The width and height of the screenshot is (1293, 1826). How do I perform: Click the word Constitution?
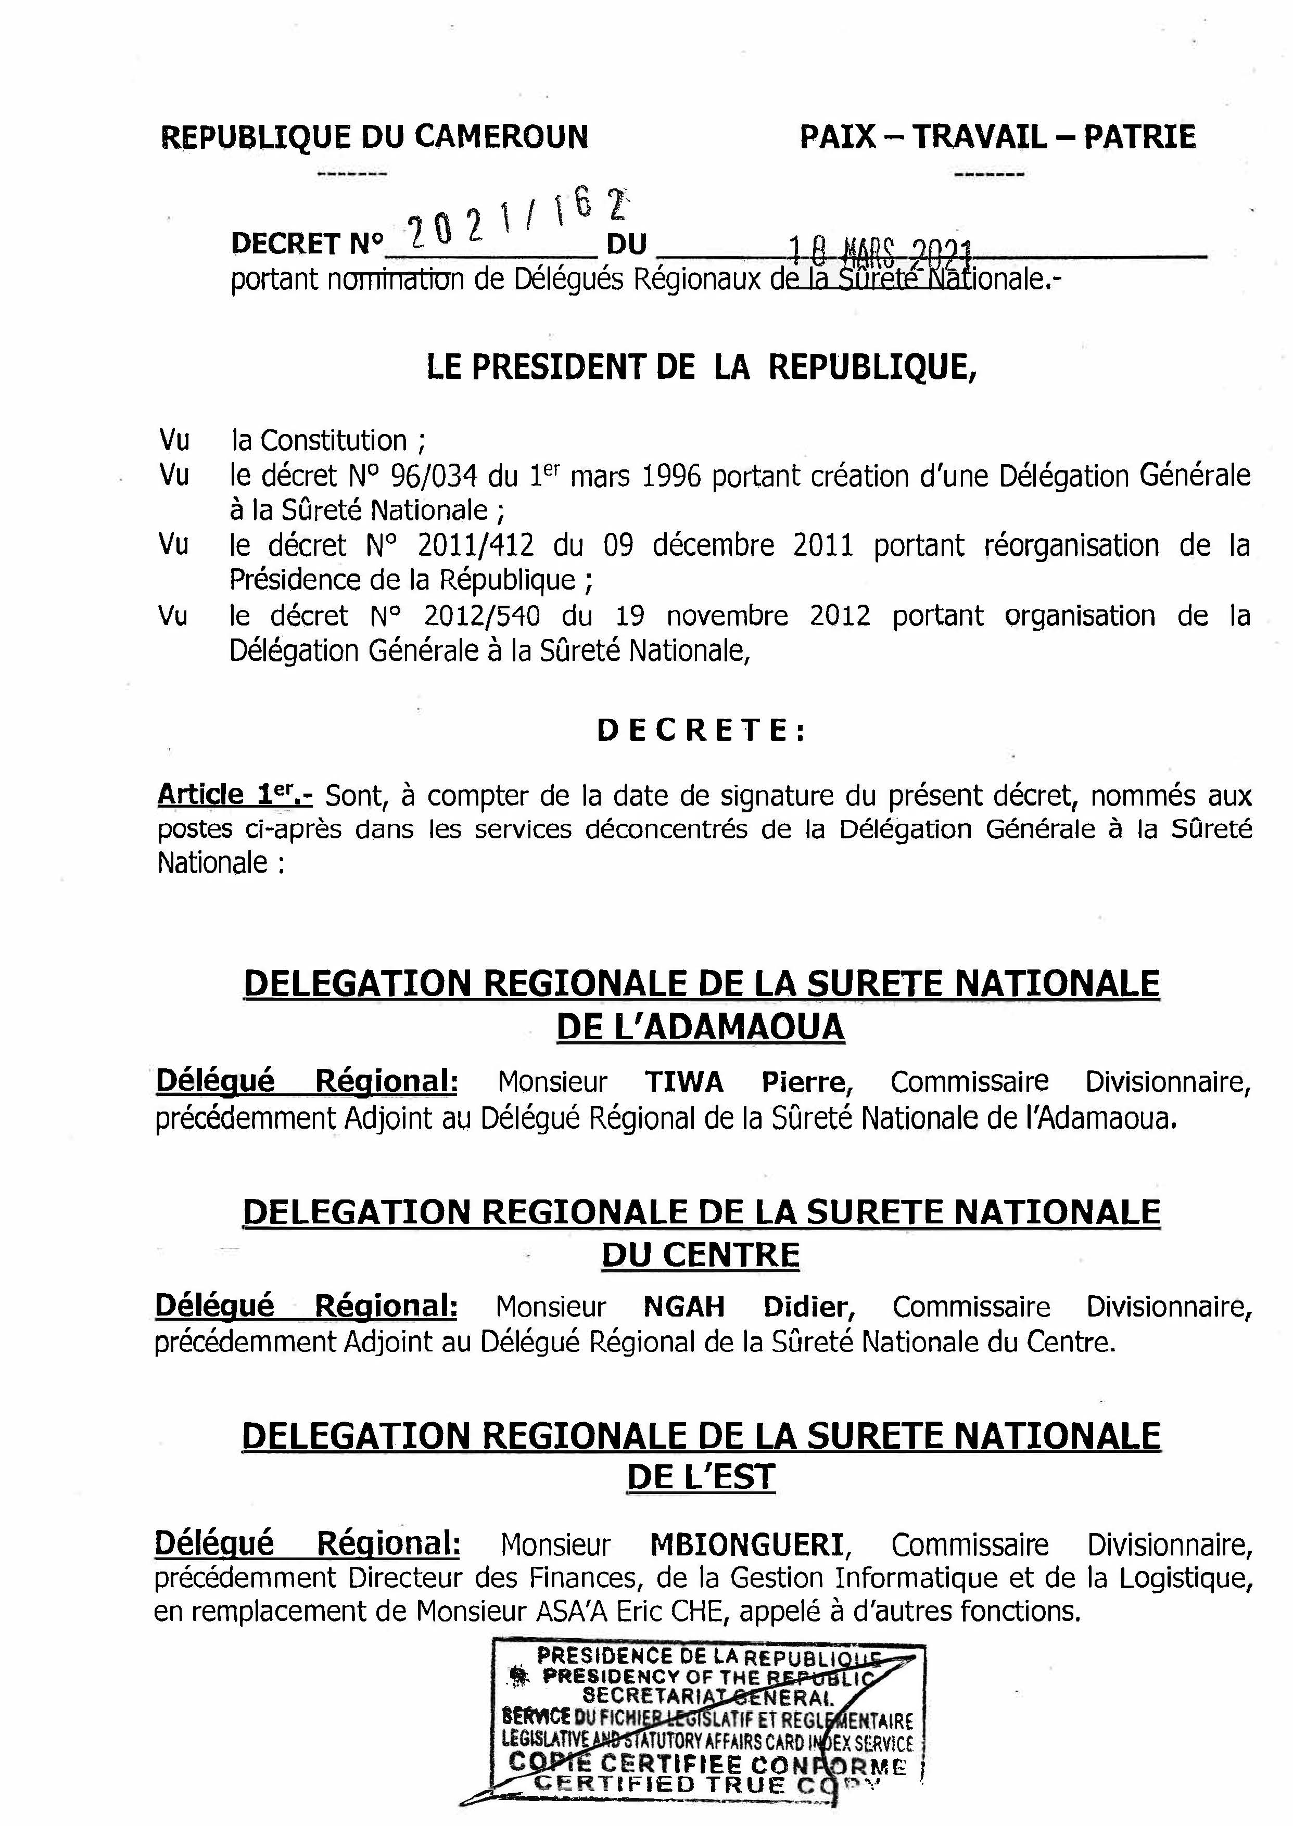(334, 440)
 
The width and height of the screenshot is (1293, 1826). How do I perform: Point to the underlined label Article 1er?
(234, 795)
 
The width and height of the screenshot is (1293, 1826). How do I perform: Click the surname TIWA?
(684, 1082)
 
